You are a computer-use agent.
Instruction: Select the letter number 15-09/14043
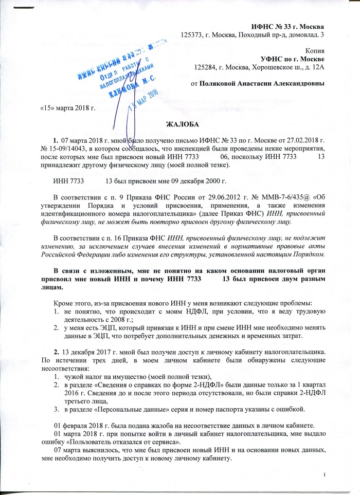pos(70,148)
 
